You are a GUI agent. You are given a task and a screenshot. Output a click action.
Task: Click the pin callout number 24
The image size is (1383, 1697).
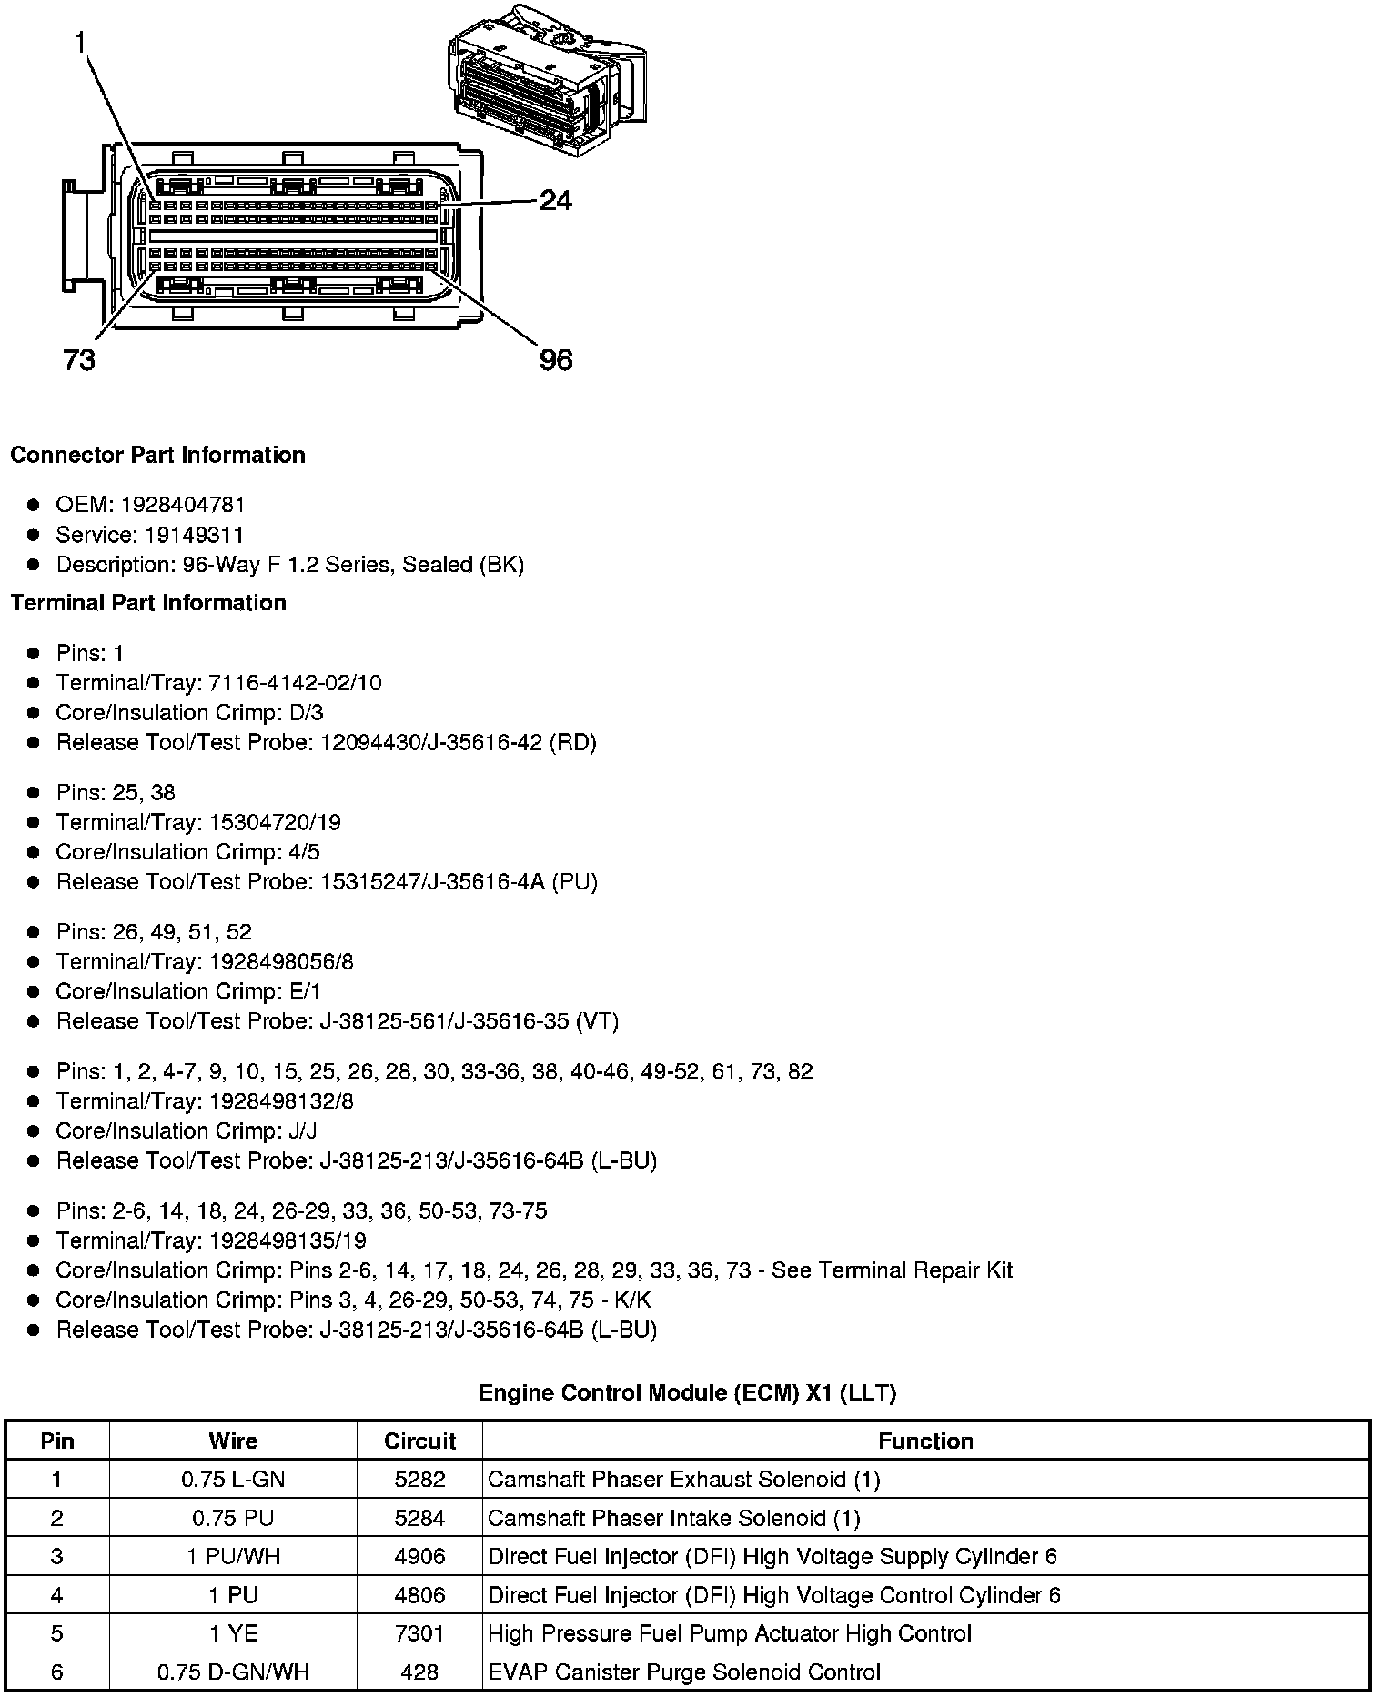pyautogui.click(x=555, y=200)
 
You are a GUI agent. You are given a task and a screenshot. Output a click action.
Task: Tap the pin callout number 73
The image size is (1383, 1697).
pyautogui.click(x=79, y=361)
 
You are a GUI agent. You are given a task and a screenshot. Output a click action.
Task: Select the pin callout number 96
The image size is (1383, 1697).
pyautogui.click(x=556, y=361)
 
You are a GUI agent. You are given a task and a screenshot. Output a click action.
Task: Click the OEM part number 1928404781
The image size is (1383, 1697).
pyautogui.click(x=183, y=505)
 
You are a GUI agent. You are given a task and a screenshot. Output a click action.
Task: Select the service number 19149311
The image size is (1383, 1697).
pyautogui.click(x=194, y=535)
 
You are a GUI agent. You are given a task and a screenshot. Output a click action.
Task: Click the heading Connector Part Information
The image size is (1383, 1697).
pyautogui.click(x=157, y=455)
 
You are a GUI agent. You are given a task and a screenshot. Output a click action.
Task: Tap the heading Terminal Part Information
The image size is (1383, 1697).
pyautogui.click(x=148, y=603)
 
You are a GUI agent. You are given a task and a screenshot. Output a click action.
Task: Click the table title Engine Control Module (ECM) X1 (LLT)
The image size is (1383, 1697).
pyautogui.click(x=687, y=1392)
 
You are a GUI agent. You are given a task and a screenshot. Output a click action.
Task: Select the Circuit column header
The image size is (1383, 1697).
pyautogui.click(x=419, y=1441)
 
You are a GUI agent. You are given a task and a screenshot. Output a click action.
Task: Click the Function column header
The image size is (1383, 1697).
pyautogui.click(x=925, y=1441)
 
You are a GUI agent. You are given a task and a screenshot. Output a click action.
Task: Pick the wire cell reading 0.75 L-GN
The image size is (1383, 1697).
pyautogui.click(x=233, y=1480)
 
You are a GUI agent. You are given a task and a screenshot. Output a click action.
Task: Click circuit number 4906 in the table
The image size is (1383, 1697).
pyautogui.click(x=419, y=1556)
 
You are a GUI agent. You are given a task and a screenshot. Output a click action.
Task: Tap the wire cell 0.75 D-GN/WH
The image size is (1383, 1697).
pyautogui.click(x=233, y=1672)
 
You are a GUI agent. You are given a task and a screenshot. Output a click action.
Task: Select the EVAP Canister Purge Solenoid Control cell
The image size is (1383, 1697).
pyautogui.click(x=684, y=1672)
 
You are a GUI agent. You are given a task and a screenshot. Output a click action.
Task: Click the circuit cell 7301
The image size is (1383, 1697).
pyautogui.click(x=419, y=1633)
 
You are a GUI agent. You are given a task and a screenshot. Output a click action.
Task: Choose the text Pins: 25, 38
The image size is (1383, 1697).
pyautogui.click(x=116, y=792)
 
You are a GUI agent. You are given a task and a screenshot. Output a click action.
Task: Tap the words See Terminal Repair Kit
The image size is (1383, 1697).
pyautogui.click(x=892, y=1270)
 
